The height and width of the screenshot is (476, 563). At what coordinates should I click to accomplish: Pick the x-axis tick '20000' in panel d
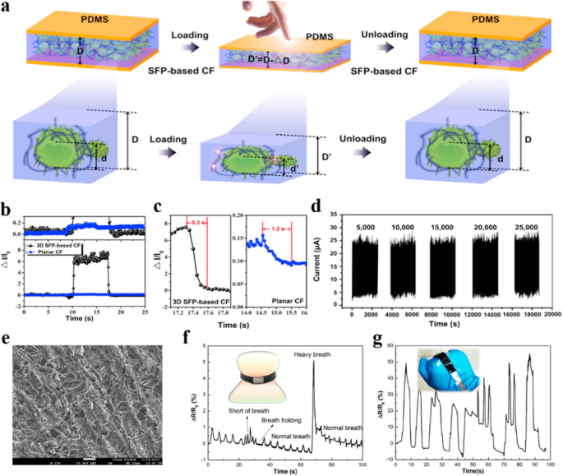(546, 313)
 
